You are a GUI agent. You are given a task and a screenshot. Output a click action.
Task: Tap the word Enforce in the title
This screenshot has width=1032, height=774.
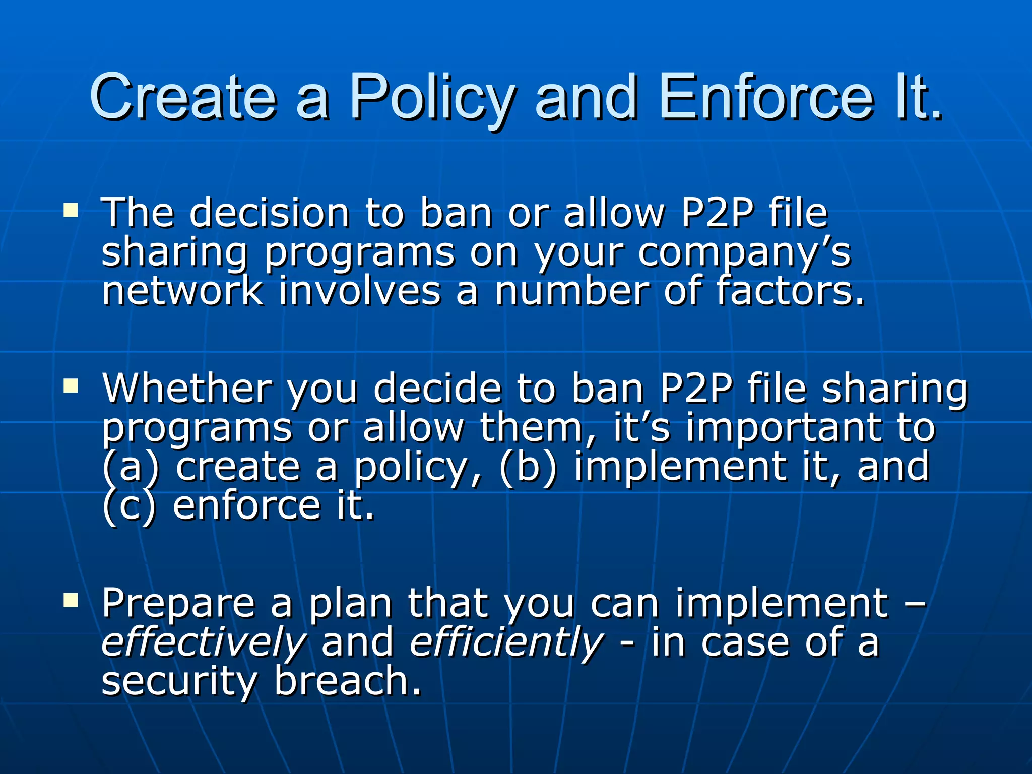pos(766,97)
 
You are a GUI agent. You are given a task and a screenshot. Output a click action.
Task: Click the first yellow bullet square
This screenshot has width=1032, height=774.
pos(71,210)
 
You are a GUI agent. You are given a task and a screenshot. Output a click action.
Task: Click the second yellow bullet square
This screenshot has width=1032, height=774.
pos(71,386)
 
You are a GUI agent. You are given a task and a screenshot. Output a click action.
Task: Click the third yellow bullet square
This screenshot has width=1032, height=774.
pos(71,600)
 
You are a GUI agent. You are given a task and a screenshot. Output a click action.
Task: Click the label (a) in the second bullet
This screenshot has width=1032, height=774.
pos(130,467)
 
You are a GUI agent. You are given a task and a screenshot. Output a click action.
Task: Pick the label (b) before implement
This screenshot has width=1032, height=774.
pos(528,467)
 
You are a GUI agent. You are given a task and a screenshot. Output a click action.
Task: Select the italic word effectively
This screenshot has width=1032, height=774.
pos(204,643)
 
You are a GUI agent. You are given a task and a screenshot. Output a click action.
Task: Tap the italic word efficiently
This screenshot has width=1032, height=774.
pos(506,643)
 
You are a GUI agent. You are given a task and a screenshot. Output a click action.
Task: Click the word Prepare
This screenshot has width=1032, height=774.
pos(178,603)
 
